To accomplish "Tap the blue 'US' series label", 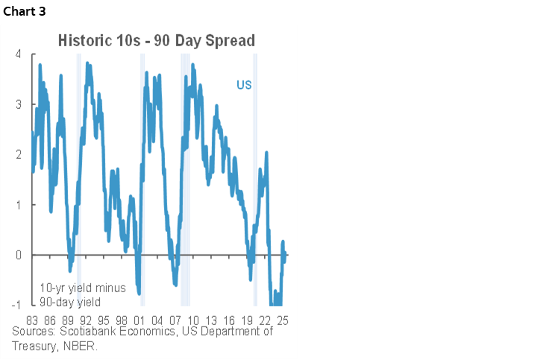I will click(244, 85).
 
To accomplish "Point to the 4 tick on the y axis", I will click(17, 54).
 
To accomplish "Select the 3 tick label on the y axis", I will click(17, 104).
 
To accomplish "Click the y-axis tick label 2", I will click(17, 155).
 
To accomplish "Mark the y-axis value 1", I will click(17, 205).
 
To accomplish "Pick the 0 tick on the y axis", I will click(17, 255).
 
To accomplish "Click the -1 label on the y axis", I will click(16, 306).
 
